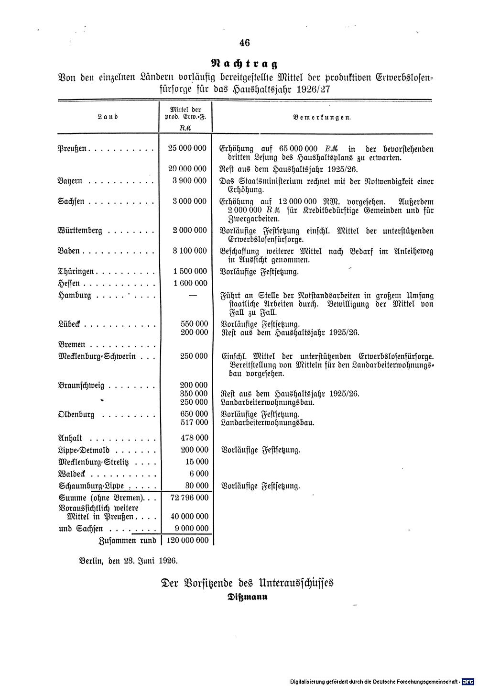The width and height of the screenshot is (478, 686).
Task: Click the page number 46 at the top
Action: tap(244, 43)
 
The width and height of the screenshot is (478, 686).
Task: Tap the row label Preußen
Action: tap(72, 149)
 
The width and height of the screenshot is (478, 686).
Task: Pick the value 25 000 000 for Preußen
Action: tap(187, 149)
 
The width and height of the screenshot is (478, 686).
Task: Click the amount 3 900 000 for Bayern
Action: tap(190, 181)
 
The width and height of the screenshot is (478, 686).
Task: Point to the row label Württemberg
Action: tap(79, 231)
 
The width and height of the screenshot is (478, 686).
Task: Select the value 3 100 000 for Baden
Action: tap(190, 251)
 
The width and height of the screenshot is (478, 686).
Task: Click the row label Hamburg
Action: tap(74, 295)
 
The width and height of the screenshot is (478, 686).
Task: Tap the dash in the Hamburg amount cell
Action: tap(193, 295)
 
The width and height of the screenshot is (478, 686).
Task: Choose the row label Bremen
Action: tap(71, 344)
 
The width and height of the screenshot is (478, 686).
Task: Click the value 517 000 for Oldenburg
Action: tap(195, 422)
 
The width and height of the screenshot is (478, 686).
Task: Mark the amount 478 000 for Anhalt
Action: tap(195, 437)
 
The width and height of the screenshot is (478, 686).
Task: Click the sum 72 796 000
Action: tap(189, 498)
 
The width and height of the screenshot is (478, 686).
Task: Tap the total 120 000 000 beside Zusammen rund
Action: tap(187, 540)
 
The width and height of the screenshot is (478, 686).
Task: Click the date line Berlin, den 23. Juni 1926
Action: tap(128, 559)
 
